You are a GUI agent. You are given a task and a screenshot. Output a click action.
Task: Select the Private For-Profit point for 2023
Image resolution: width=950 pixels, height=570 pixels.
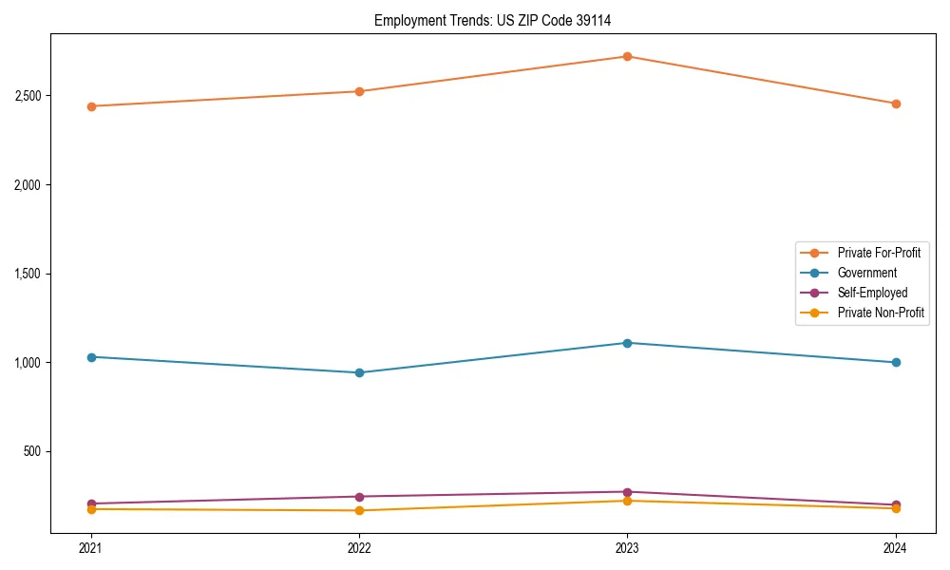[627, 56]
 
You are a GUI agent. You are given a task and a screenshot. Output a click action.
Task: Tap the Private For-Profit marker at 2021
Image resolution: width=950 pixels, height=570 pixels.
[91, 106]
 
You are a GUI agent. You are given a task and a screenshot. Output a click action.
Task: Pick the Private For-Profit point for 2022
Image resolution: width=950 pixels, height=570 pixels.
[359, 91]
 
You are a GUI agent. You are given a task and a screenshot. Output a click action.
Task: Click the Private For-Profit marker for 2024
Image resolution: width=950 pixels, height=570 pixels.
[895, 104]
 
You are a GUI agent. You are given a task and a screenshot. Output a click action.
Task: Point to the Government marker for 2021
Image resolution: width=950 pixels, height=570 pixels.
[91, 357]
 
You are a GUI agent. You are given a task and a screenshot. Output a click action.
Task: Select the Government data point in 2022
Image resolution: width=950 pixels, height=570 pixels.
[359, 372]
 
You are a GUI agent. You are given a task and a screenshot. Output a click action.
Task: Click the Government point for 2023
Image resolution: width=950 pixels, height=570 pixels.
[627, 343]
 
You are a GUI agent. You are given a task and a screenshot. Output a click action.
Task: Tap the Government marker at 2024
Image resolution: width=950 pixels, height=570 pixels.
[895, 362]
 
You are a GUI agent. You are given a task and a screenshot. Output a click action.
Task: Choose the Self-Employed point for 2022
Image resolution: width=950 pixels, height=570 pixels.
[359, 497]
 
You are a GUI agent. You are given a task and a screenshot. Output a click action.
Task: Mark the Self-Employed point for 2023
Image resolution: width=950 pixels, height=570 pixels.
[627, 492]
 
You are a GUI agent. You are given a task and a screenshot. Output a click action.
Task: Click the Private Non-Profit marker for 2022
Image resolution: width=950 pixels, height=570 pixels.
[359, 511]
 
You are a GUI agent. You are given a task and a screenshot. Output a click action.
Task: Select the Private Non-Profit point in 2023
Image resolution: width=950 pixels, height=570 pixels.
[627, 501]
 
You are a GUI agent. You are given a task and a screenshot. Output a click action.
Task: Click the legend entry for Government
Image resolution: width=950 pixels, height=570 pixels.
[866, 273]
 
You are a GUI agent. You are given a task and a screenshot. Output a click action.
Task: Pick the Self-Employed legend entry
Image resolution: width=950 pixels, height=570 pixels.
[872, 293]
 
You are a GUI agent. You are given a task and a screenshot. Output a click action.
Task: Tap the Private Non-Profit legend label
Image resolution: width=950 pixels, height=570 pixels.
[881, 313]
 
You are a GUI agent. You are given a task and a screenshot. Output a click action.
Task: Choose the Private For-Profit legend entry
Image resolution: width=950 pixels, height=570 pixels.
[879, 253]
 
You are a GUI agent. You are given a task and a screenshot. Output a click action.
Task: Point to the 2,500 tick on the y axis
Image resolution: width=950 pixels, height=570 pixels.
[28, 96]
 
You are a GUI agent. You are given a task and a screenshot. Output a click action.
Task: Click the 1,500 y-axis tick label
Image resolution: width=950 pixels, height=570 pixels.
[28, 274]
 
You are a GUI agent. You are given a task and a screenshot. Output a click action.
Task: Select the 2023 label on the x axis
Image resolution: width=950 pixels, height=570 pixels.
[627, 548]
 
